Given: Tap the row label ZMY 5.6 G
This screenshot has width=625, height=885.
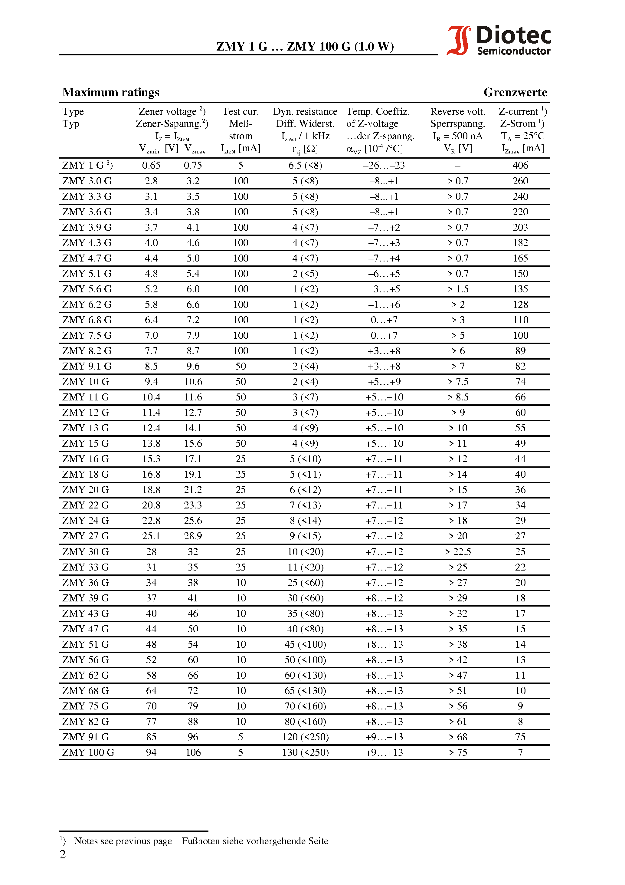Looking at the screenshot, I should [87, 289].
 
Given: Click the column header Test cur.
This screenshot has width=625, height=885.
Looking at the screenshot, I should [241, 111].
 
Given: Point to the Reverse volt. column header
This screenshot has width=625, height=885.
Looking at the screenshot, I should [458, 111].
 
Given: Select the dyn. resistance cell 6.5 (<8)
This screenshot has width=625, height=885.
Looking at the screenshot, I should [305, 165].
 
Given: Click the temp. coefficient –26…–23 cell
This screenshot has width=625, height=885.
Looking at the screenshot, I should [384, 165].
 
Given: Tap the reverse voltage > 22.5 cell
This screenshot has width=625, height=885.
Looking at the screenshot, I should [458, 551].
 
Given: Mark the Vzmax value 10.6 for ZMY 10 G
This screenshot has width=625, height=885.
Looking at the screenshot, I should [193, 382].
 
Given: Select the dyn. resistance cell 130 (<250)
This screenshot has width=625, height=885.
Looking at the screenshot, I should [305, 752].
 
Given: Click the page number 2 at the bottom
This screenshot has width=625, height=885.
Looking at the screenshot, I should [63, 854].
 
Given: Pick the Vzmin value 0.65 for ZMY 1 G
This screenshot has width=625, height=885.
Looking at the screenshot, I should [151, 165].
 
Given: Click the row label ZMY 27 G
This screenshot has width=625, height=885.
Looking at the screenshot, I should [86, 536].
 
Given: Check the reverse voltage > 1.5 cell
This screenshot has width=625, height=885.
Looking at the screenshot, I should [458, 289].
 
